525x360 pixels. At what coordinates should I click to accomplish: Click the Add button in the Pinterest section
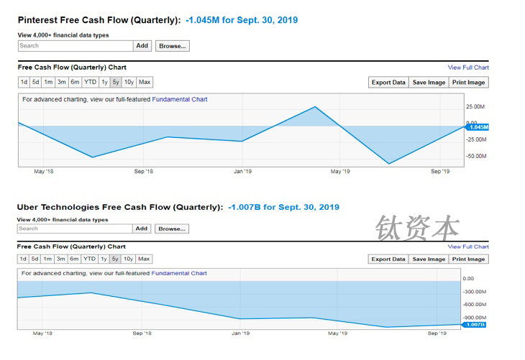(x=142, y=45)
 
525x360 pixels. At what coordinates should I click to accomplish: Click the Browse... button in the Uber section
(x=172, y=229)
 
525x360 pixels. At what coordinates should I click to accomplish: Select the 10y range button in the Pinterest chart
(x=129, y=82)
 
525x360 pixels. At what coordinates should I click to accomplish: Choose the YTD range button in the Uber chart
(x=89, y=259)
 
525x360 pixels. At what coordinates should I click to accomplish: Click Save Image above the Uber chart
(x=428, y=259)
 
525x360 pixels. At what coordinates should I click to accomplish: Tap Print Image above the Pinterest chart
(x=469, y=82)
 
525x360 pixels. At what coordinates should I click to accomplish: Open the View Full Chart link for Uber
(x=468, y=246)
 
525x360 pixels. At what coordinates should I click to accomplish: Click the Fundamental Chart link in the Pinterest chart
(x=180, y=99)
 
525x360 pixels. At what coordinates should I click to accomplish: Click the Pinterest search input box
(x=76, y=45)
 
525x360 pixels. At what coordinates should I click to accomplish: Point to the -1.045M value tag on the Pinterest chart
(x=477, y=127)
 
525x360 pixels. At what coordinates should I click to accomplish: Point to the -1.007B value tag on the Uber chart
(x=474, y=325)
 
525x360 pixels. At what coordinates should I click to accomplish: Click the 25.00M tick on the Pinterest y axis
(x=476, y=106)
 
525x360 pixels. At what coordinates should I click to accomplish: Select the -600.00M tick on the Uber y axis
(x=475, y=304)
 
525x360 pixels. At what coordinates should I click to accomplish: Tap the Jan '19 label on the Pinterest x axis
(x=242, y=171)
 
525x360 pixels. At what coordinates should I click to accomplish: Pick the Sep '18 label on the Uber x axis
(x=142, y=333)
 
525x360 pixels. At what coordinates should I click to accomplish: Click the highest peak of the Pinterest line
(x=315, y=107)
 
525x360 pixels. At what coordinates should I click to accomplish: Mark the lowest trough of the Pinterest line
(x=389, y=164)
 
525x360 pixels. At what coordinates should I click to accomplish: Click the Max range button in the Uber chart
(x=144, y=259)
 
